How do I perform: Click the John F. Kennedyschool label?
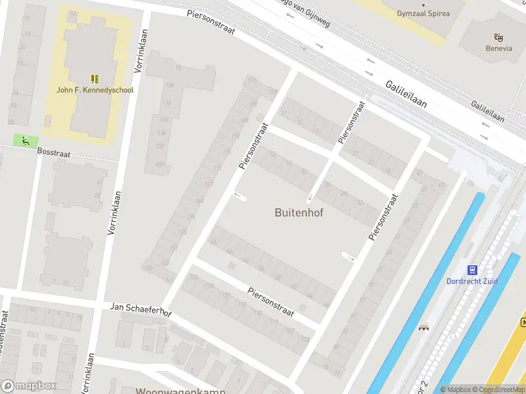(95, 90)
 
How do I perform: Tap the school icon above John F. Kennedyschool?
(95, 78)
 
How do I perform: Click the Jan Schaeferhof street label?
(141, 310)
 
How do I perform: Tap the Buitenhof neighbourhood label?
(299, 213)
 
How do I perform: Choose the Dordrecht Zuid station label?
(472, 281)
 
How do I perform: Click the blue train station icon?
(472, 269)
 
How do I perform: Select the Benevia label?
(498, 47)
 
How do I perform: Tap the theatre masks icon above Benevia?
(498, 36)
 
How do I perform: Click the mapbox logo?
(30, 386)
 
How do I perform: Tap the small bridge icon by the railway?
(424, 327)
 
